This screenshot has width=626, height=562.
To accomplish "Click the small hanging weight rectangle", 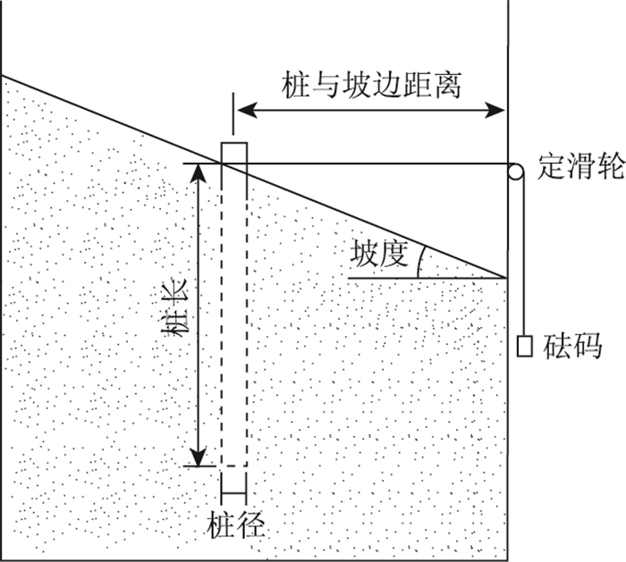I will pyautogui.click(x=526, y=345).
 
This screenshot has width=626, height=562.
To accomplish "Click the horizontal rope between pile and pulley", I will pyautogui.click(x=376, y=164).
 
